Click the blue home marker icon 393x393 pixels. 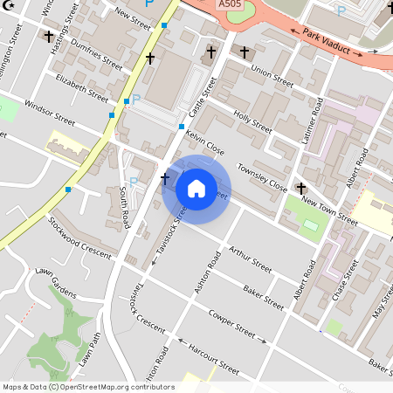click(x=196, y=189)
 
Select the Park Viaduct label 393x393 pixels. click(x=333, y=43)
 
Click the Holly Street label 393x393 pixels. click(x=252, y=120)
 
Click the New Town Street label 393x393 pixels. click(x=330, y=210)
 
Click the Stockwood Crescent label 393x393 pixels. click(x=81, y=237)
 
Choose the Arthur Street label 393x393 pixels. click(x=251, y=259)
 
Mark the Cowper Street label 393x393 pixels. click(x=237, y=325)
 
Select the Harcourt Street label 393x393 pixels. click(x=214, y=359)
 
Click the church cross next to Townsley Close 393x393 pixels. click(x=301, y=188)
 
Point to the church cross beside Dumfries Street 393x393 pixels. click(x=150, y=59)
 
